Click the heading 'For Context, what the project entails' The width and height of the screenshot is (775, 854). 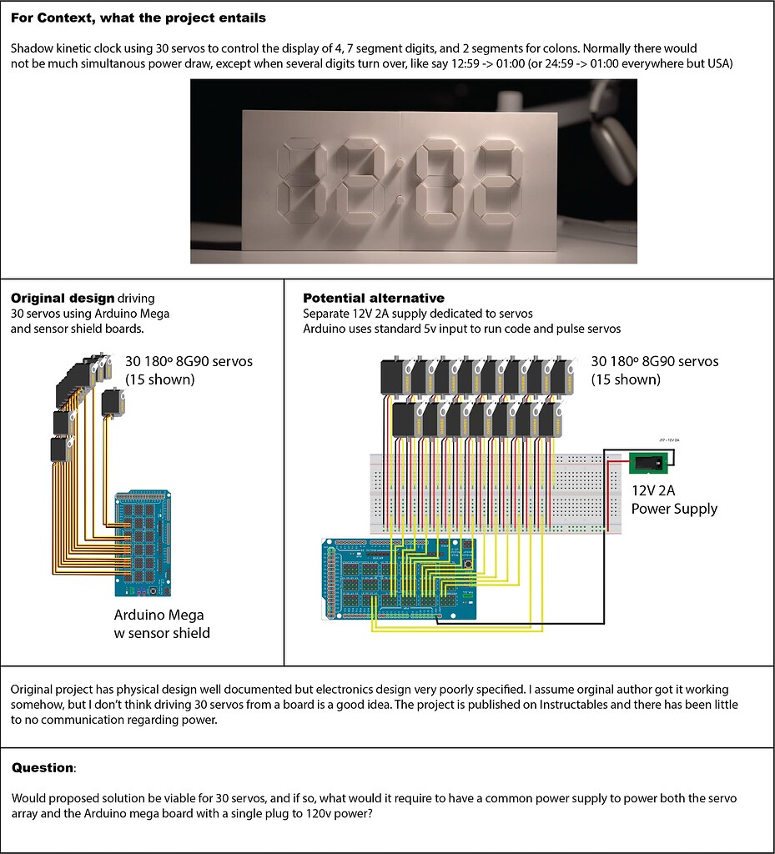coord(138,18)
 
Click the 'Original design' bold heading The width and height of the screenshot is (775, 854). coord(63,299)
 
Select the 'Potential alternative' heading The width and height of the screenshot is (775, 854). coord(374,298)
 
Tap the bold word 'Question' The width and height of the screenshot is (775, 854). coord(43,768)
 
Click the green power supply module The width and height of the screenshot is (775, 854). coord(648,464)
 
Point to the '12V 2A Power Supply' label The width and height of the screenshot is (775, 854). coord(674,500)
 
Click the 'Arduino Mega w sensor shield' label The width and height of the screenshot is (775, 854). coord(162,624)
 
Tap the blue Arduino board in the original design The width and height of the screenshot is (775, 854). coord(143,543)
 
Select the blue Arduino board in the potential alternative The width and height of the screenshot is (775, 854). coord(400,579)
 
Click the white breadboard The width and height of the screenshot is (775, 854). coord(496,494)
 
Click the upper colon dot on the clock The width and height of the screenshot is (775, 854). coord(400,163)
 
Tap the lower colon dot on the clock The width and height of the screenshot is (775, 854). coord(400,200)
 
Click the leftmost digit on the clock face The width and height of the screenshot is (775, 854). coord(301,181)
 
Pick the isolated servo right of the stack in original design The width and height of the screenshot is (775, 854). coord(113,403)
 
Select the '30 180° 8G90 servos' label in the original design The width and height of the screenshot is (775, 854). coord(189,362)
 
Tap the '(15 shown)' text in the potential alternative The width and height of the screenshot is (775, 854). coord(626,379)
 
